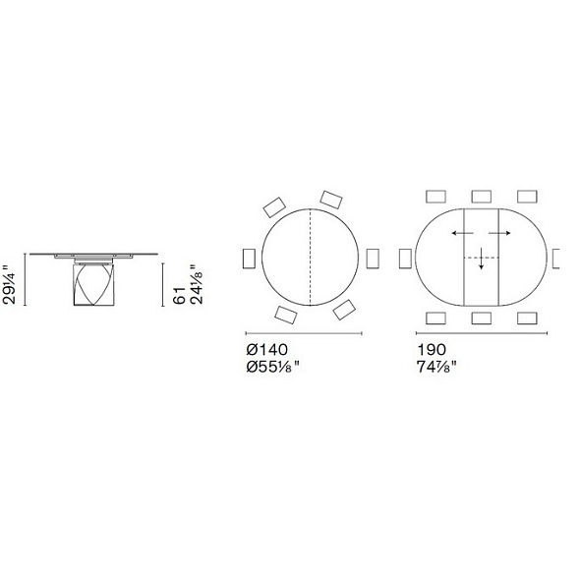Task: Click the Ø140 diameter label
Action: pyautogui.click(x=266, y=350)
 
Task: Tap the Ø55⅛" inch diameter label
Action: pyautogui.click(x=273, y=367)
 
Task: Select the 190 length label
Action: pyautogui.click(x=432, y=350)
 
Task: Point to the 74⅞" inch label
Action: pyautogui.click(x=436, y=367)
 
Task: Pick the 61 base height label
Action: pyautogui.click(x=179, y=295)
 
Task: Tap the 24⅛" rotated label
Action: pyautogui.click(x=196, y=284)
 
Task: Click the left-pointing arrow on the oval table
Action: pyautogui.click(x=462, y=233)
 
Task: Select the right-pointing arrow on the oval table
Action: pyautogui.click(x=499, y=233)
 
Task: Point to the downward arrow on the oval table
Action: pyautogui.click(x=481, y=259)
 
